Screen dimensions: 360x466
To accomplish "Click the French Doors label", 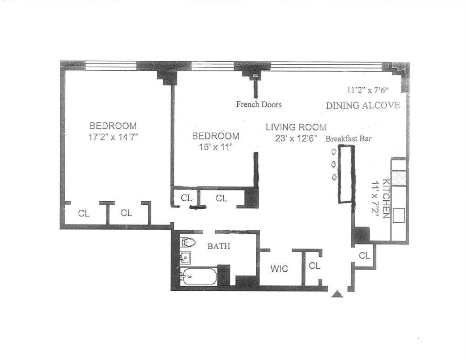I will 259,104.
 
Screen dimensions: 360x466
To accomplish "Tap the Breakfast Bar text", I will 348,139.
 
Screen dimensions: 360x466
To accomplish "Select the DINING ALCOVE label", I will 362,105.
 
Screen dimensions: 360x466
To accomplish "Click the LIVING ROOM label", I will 296,127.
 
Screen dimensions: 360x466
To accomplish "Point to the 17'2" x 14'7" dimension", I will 113,137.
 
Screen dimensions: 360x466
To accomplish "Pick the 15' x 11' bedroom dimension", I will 216,147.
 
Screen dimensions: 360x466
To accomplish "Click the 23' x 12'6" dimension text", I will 296,139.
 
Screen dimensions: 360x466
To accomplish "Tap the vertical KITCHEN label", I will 386,198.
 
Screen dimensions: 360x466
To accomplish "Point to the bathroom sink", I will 185,258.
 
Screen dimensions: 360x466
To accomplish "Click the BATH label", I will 218,246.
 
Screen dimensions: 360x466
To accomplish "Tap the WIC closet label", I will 279,269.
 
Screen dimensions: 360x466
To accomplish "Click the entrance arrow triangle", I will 337,294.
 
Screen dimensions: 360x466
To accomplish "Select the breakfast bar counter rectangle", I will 347,175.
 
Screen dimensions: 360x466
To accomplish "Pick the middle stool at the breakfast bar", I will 334,164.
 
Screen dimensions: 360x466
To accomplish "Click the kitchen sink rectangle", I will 398,216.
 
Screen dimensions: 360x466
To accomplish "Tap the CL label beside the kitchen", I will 364,256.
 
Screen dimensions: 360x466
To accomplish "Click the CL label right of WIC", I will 314,265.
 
